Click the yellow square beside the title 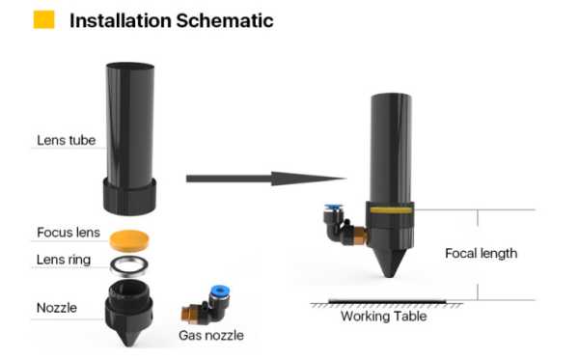click(44, 19)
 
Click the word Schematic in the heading click(225, 20)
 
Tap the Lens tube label click(66, 140)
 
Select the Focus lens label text click(69, 233)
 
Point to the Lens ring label click(64, 260)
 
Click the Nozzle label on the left click(57, 308)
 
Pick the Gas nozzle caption click(211, 335)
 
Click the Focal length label click(481, 254)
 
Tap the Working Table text click(384, 317)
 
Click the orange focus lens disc click(129, 239)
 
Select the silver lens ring click(129, 265)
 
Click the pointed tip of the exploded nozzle click(129, 345)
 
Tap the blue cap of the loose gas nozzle click(219, 292)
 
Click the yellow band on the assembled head click(391, 210)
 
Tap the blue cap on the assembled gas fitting click(333, 208)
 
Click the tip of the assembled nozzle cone click(389, 276)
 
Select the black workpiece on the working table click(387, 302)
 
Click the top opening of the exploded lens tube click(130, 67)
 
